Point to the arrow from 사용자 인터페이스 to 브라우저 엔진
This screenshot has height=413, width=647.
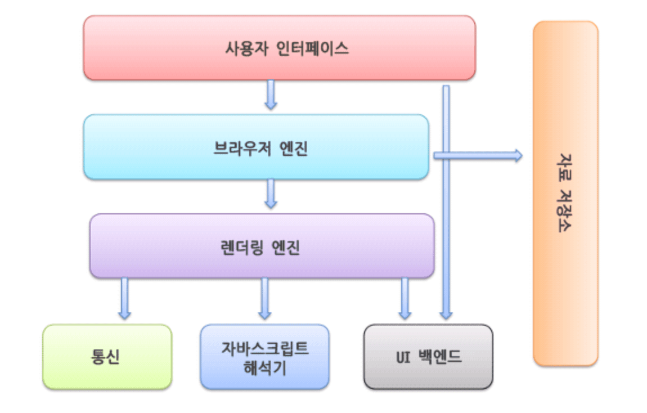271,95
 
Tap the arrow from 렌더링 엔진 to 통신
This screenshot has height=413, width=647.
124,298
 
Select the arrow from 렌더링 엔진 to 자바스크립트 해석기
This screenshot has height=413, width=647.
264,298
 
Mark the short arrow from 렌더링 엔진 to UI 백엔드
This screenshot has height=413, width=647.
405,298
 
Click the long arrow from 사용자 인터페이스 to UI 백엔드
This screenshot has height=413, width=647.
446,225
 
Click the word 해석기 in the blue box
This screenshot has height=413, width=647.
264,368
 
